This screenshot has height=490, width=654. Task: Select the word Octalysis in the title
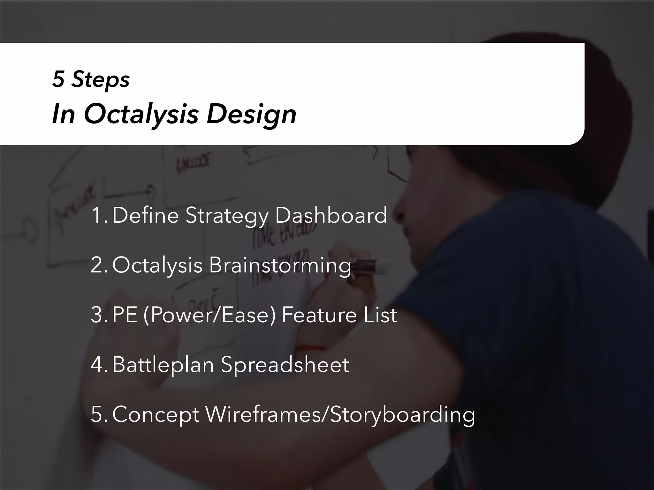click(x=141, y=114)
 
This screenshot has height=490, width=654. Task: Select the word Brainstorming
click(x=280, y=265)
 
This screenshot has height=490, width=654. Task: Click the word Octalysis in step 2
click(x=157, y=265)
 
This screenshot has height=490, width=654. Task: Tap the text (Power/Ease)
click(x=209, y=315)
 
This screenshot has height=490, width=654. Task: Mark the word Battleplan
click(x=163, y=365)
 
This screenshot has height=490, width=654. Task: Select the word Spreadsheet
click(x=285, y=365)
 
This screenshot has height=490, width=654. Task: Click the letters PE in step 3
click(x=125, y=315)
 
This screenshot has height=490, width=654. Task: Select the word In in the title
click(x=63, y=114)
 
